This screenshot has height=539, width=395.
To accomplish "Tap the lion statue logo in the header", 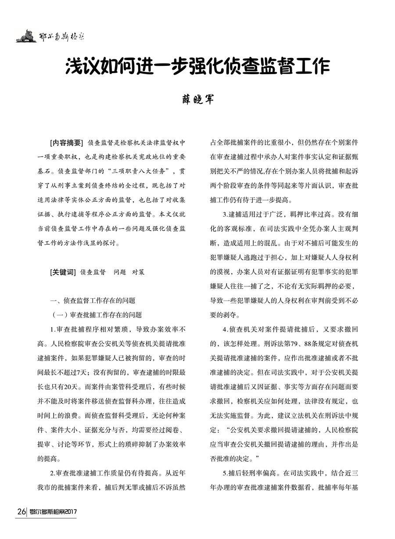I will (x=26, y=36).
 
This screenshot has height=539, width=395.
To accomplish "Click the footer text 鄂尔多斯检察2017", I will (x=53, y=512).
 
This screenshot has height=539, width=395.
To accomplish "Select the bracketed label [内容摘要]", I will (x=67, y=143).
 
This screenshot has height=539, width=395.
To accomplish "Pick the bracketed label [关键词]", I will (x=63, y=272).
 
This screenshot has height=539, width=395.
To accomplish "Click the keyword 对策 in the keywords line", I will (x=138, y=272).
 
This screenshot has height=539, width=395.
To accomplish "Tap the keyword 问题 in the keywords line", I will (x=119, y=272).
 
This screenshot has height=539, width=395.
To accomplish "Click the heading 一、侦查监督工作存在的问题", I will (x=93, y=300).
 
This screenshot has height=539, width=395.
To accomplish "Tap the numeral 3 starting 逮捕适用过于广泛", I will (x=225, y=214).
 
